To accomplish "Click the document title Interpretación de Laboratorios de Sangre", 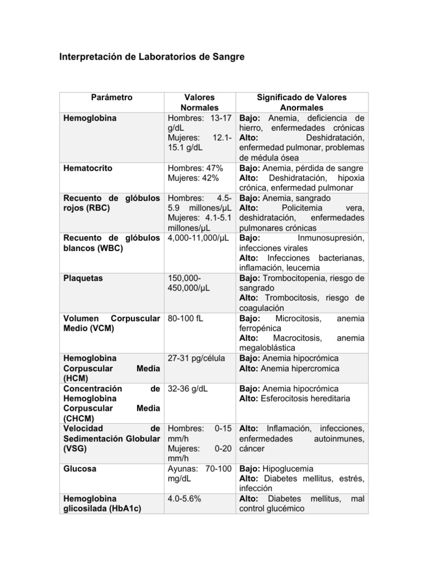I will [x=152, y=57].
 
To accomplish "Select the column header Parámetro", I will [x=111, y=97].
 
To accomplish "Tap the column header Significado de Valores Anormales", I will [x=301, y=102].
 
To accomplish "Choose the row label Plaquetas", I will [x=83, y=278].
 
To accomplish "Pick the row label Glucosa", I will [x=80, y=469].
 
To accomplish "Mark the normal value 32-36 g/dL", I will [x=188, y=389].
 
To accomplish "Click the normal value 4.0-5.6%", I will [x=184, y=499].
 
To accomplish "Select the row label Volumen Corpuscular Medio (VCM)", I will [x=111, y=323].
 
